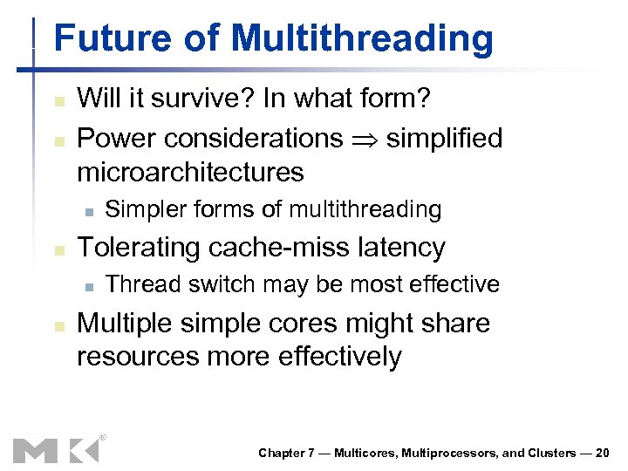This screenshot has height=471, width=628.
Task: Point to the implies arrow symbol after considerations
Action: (x=365, y=139)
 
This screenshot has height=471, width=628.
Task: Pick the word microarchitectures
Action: (x=190, y=172)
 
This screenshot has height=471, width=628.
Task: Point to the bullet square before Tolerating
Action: (x=58, y=249)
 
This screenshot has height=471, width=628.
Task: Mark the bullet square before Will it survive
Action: (x=58, y=99)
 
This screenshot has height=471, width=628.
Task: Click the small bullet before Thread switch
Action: (x=88, y=286)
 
